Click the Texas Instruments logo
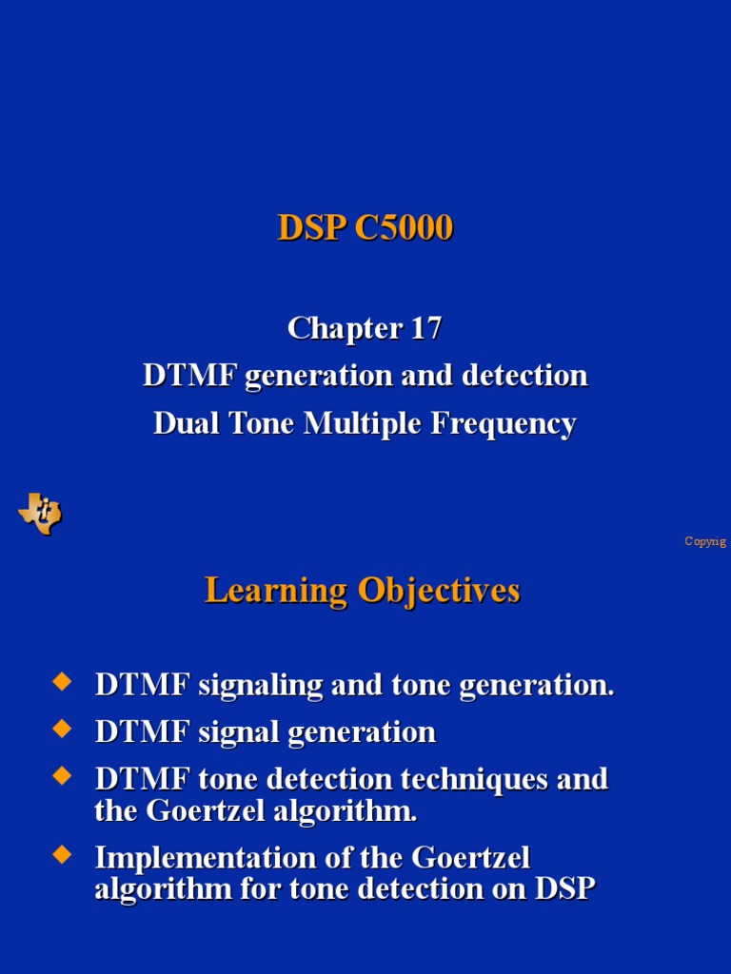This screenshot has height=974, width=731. (40, 514)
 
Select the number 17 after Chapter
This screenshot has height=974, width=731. (426, 328)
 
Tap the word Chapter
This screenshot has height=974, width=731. (345, 328)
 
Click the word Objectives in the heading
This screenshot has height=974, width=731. (439, 591)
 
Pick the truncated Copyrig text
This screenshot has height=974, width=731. (705, 541)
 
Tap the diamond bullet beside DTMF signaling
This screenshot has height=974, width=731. (62, 681)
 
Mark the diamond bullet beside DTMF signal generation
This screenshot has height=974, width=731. (62, 729)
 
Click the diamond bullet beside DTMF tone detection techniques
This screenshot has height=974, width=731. (62, 776)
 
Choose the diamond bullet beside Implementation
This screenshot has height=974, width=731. (62, 854)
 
